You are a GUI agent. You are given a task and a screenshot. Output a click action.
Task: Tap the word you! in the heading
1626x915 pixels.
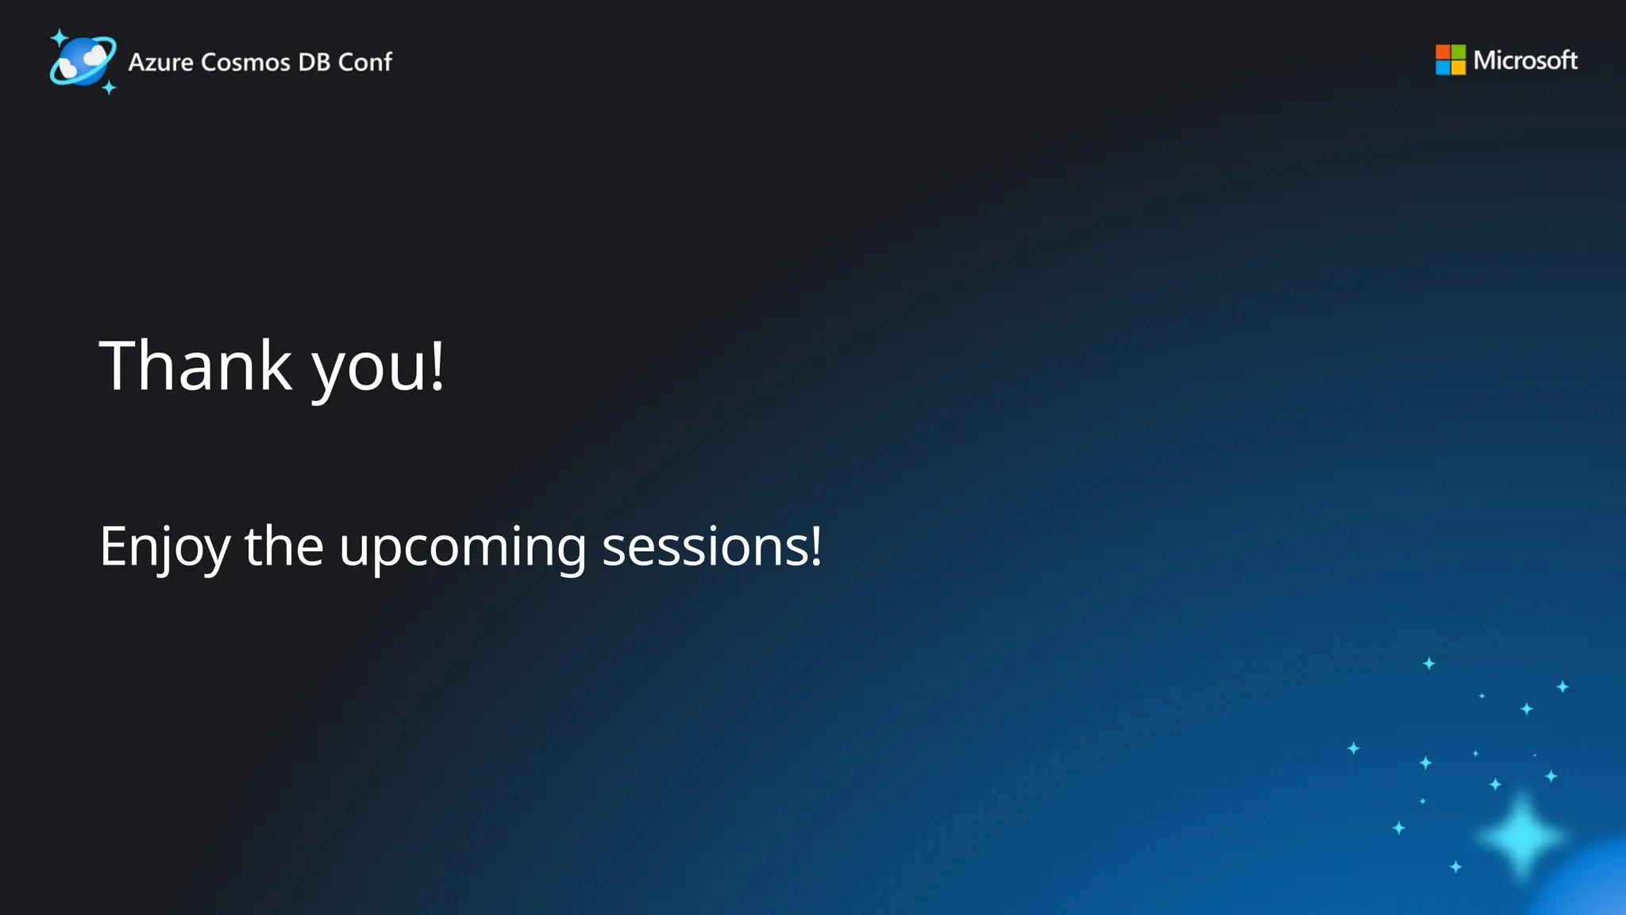(x=378, y=369)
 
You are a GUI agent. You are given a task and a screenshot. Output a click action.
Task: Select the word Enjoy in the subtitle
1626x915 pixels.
(x=164, y=548)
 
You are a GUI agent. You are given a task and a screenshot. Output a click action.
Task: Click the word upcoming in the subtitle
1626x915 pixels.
(x=462, y=550)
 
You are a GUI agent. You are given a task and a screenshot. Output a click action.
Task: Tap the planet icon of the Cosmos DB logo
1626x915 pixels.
(x=83, y=60)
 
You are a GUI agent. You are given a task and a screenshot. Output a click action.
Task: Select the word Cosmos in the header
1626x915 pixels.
(x=245, y=62)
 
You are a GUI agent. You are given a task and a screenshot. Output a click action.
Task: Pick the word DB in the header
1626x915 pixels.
(x=314, y=62)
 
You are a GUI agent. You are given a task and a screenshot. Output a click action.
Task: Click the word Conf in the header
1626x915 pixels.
(x=365, y=62)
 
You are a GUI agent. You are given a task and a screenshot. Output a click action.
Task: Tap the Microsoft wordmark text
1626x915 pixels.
(x=1525, y=60)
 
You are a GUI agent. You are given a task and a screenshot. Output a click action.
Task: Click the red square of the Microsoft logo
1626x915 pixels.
(x=1443, y=52)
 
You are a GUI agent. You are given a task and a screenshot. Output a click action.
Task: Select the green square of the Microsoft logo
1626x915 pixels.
(x=1458, y=52)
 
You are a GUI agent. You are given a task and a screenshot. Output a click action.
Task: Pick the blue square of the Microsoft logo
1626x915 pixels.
(x=1443, y=68)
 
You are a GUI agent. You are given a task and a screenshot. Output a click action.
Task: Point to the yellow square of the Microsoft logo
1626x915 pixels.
(x=1458, y=68)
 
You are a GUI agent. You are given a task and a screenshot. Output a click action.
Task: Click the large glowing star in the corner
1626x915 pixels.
(x=1521, y=836)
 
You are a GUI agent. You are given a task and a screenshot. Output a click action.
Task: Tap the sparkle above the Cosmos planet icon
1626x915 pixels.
(x=59, y=37)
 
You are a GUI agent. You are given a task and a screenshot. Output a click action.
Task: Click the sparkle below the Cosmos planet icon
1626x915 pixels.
(x=110, y=87)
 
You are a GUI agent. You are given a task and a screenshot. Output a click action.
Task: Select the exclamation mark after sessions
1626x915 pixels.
(x=815, y=546)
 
